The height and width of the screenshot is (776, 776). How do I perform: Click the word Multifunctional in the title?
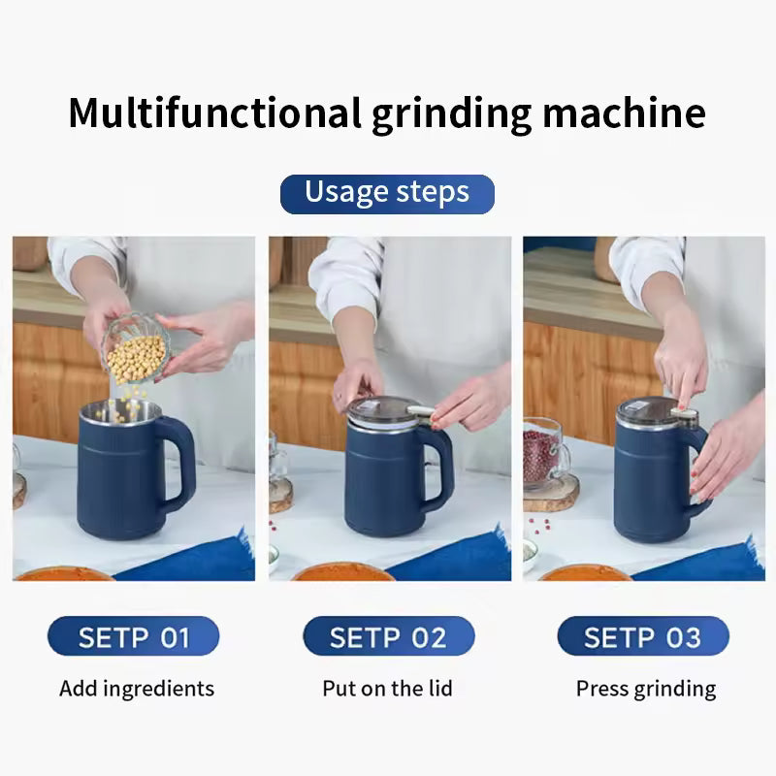214,113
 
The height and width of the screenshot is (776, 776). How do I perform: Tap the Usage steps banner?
387,193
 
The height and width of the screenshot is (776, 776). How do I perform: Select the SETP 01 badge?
133,636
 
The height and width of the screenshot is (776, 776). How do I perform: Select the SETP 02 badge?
388,636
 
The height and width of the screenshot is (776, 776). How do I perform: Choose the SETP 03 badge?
642,636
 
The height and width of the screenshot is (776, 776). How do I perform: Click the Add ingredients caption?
136,689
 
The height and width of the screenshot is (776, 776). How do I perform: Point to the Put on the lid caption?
387,689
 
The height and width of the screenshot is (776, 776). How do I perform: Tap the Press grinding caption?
645,689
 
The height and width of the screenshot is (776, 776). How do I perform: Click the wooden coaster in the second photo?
281,497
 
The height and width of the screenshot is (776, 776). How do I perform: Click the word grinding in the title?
451,114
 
